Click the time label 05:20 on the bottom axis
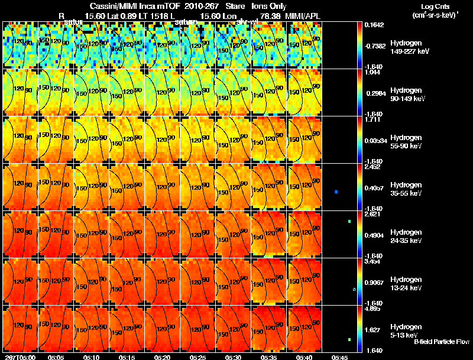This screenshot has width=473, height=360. coord(163,357)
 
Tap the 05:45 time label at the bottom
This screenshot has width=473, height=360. coord(340,357)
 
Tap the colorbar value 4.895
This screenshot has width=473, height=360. coord(371,309)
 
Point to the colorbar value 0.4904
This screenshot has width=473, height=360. coord(373,235)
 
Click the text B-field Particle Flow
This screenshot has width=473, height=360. coord(441,342)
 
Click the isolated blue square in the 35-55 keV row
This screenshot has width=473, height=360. coord(336,192)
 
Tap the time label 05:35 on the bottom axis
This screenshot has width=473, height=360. coord(269,357)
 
